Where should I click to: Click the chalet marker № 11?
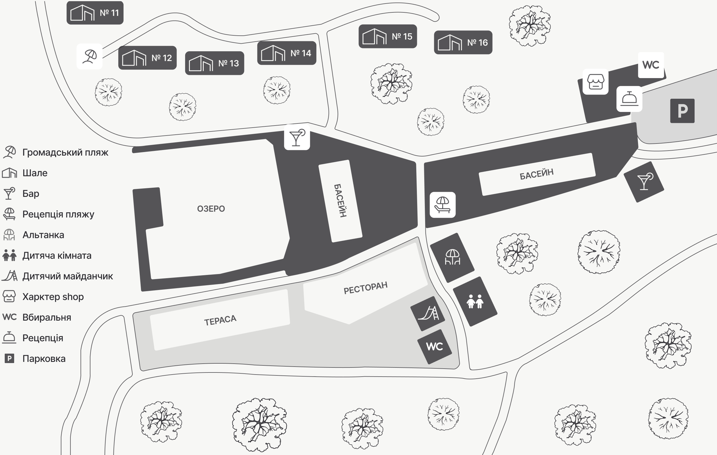(95, 13)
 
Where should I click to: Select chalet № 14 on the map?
(287, 53)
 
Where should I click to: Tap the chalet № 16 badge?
(463, 42)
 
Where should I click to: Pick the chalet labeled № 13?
(214, 63)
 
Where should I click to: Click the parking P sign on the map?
(682, 111)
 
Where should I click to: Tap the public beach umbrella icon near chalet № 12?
(90, 56)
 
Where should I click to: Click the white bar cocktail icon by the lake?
(297, 137)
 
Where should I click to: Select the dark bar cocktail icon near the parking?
(644, 182)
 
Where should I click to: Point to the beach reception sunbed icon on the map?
(443, 205)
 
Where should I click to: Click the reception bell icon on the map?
(629, 99)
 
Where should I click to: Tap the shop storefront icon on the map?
(595, 82)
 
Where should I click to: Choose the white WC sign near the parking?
(651, 65)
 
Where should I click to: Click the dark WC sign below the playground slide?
(435, 346)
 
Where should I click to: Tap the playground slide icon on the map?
(427, 313)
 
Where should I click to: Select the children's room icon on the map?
(475, 301)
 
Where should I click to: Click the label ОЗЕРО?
(211, 209)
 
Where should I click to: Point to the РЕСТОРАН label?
(365, 288)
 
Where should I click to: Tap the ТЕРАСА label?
(220, 320)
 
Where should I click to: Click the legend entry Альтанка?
(43, 235)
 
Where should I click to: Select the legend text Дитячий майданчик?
(68, 276)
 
